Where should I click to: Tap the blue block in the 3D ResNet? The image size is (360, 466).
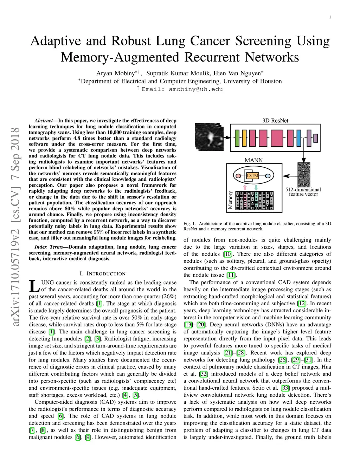(x=299, y=138)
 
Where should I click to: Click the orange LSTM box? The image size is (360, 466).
(x=252, y=175)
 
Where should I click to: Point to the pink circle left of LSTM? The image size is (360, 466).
(x=238, y=176)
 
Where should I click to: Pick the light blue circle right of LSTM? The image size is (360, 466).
(x=267, y=176)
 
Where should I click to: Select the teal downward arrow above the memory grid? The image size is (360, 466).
(x=256, y=187)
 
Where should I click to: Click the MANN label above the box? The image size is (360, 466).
(x=253, y=160)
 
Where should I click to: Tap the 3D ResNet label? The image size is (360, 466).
(x=275, y=121)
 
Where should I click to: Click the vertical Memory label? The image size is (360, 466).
(x=231, y=200)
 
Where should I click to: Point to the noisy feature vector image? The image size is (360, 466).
(x=304, y=175)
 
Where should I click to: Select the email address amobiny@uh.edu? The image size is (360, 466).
(x=196, y=89)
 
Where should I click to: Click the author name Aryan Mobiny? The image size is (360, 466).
(x=116, y=73)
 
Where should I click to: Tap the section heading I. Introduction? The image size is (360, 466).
(x=102, y=274)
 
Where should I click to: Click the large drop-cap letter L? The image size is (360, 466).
(x=34, y=286)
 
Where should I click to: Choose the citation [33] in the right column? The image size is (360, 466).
(x=285, y=388)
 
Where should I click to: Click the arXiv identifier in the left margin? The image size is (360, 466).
(x=15, y=227)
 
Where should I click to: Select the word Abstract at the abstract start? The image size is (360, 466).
(x=44, y=121)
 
